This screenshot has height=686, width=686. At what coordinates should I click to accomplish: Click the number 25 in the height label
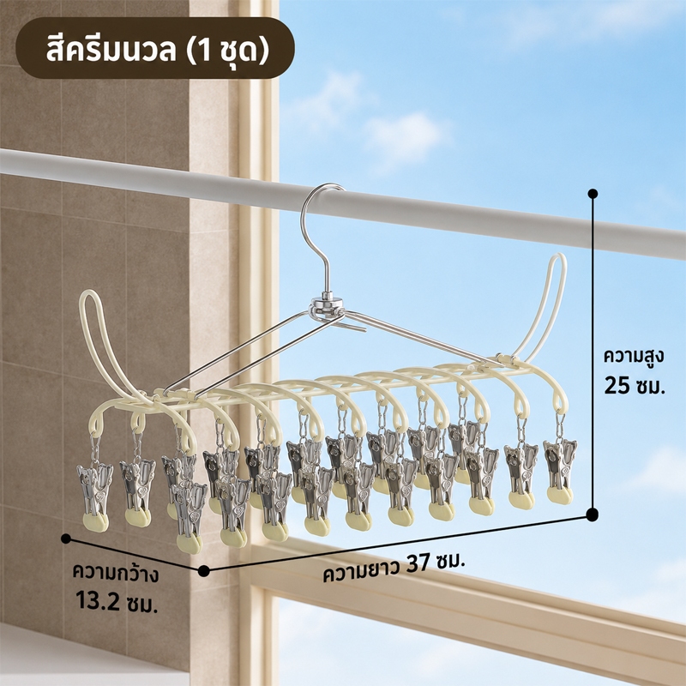click(616, 386)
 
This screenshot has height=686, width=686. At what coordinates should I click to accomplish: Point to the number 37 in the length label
click(418, 563)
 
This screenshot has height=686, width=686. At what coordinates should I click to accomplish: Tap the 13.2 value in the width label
click(97, 600)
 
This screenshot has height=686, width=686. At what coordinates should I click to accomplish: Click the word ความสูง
click(634, 356)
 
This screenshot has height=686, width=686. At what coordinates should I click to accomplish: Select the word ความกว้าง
click(116, 573)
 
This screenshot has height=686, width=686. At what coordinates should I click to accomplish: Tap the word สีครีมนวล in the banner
click(111, 50)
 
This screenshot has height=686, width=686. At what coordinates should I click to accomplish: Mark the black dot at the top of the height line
click(593, 194)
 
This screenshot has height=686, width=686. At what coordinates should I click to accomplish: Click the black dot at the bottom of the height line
click(592, 515)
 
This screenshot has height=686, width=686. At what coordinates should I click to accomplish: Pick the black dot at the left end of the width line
click(66, 539)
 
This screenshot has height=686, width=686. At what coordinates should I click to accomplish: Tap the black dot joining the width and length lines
click(203, 570)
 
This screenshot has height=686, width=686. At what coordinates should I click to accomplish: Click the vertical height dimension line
click(593, 354)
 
